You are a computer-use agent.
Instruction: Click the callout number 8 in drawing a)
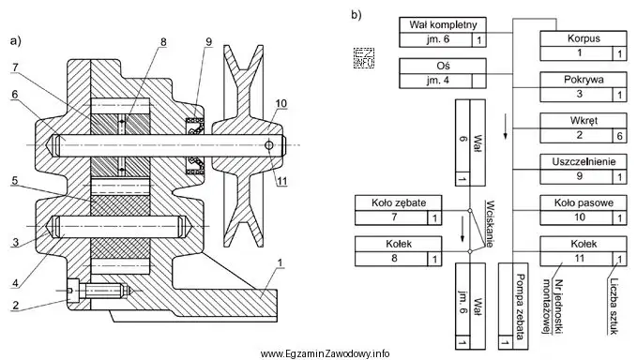(x=163, y=42)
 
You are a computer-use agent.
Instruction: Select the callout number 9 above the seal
(x=209, y=42)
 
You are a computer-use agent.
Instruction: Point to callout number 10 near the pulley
(x=281, y=103)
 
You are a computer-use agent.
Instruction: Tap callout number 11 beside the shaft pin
(x=282, y=181)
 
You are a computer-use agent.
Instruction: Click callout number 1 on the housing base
(x=280, y=263)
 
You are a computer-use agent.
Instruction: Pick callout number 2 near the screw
(x=15, y=305)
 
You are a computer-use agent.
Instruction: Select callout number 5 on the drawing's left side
(x=15, y=181)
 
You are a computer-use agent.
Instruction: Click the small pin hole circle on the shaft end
(x=268, y=145)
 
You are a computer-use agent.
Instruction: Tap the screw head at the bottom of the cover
(x=73, y=291)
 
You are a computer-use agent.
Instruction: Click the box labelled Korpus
(x=584, y=46)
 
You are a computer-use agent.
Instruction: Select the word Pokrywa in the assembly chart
(x=584, y=79)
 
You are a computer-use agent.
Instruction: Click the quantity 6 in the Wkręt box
(x=619, y=135)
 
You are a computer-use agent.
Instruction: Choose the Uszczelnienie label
(x=584, y=161)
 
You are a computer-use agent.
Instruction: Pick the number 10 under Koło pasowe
(x=580, y=217)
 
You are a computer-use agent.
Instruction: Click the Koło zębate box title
(x=399, y=202)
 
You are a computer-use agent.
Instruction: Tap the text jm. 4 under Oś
(x=438, y=80)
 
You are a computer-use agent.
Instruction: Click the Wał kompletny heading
(x=443, y=24)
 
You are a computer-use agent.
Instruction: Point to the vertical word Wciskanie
(x=490, y=224)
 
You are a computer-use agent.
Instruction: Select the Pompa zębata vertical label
(x=520, y=307)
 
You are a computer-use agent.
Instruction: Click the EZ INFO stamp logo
(x=364, y=57)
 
